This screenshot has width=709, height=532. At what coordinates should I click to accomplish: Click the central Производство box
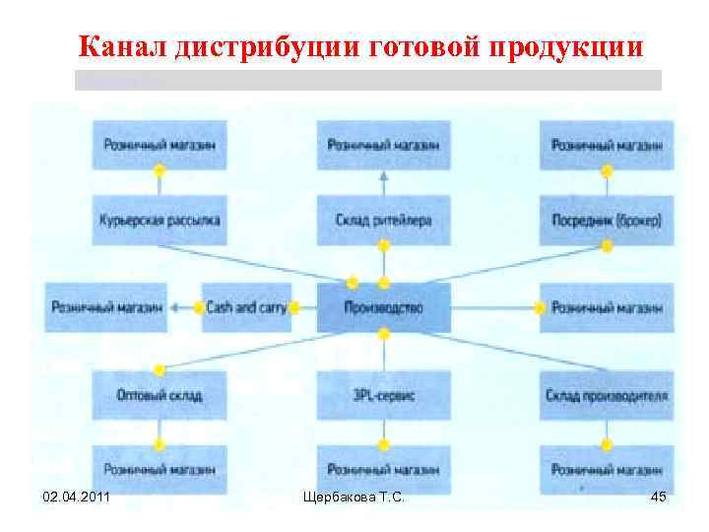[384, 308]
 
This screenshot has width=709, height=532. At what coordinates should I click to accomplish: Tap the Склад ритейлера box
[384, 220]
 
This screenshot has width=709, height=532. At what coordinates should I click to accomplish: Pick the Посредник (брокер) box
[607, 220]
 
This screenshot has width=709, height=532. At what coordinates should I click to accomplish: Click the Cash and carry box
[247, 308]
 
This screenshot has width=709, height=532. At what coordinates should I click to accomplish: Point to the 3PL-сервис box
[384, 395]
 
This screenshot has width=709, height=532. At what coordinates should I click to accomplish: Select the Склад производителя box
[607, 395]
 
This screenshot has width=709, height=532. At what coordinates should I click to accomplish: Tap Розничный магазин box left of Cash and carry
[106, 308]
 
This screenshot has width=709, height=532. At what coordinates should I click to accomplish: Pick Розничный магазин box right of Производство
[607, 308]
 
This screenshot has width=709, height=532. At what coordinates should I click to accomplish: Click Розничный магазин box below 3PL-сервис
[384, 470]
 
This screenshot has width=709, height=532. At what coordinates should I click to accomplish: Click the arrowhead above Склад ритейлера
[384, 176]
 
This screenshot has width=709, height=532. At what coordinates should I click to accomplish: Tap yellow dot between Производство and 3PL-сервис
[384, 335]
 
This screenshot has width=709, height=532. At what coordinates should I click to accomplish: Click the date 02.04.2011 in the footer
[77, 499]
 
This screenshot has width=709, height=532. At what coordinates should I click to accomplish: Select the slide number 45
[659, 499]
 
